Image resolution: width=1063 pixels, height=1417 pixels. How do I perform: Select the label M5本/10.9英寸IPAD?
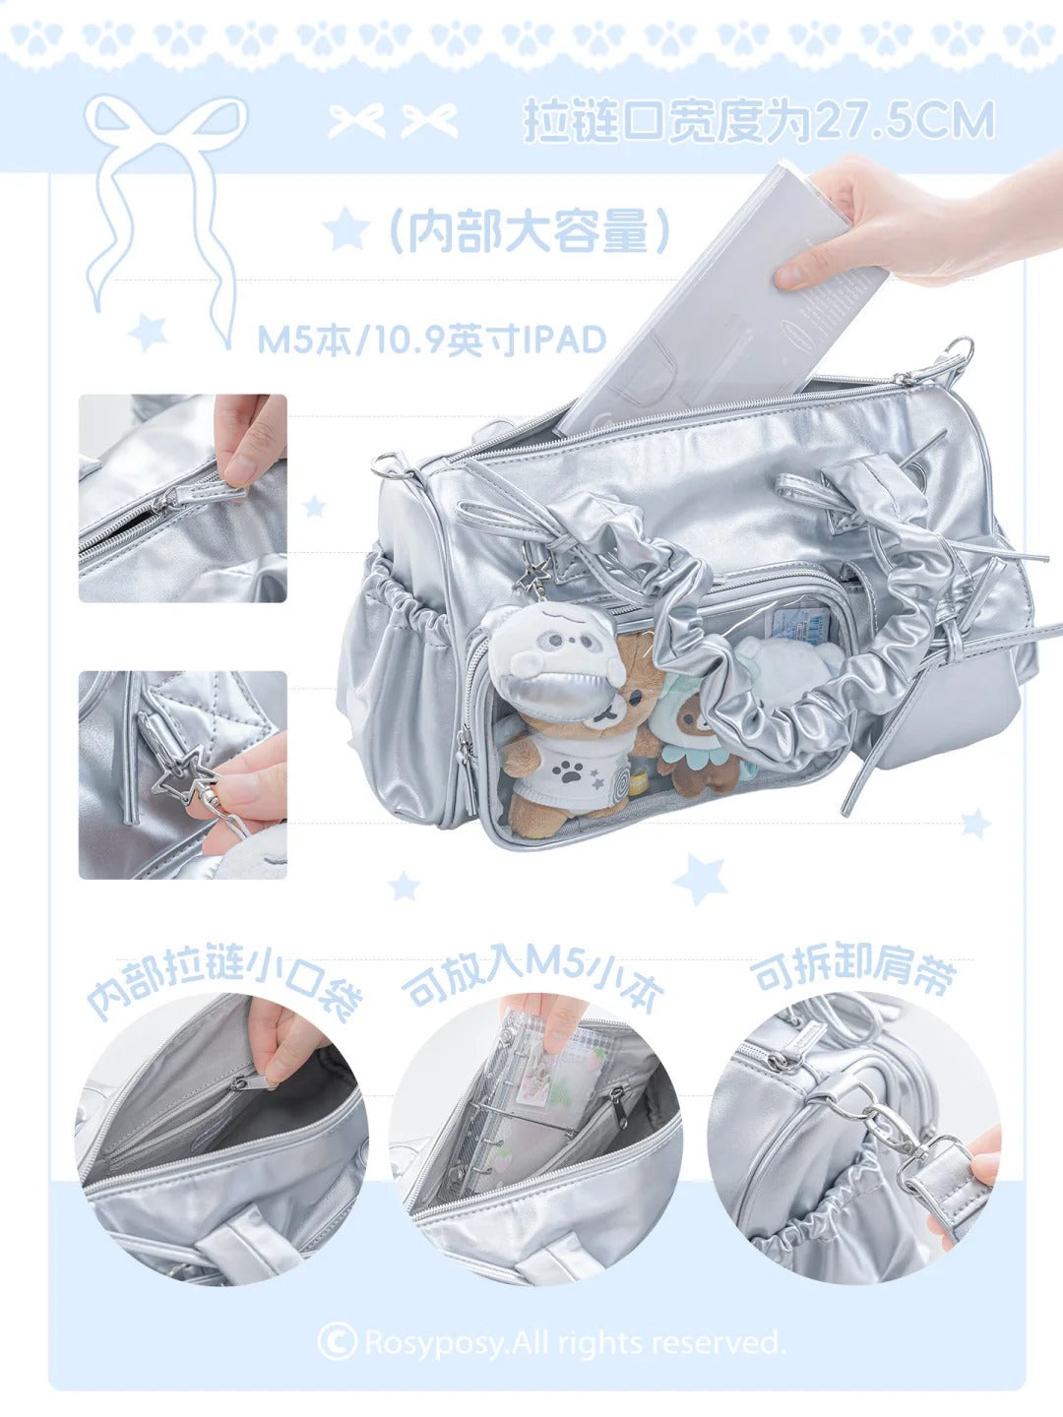432,340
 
